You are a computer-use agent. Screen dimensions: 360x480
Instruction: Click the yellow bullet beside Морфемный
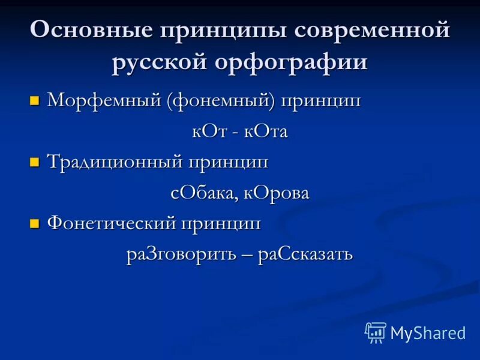pyautogui.click(x=34, y=100)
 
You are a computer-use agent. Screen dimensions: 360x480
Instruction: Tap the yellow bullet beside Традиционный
pyautogui.click(x=34, y=161)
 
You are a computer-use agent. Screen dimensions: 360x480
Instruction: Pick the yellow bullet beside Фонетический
pyautogui.click(x=34, y=224)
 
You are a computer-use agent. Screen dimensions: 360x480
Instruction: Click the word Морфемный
pyautogui.click(x=103, y=100)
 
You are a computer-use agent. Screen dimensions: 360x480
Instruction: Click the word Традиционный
pyautogui.click(x=116, y=161)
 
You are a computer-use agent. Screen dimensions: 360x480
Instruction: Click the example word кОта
pyautogui.click(x=266, y=131)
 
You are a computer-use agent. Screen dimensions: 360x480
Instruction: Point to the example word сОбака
pyautogui.click(x=202, y=193)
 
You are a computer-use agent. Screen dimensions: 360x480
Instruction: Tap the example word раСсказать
pyautogui.click(x=305, y=254)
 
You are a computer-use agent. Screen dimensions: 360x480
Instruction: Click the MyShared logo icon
pyautogui.click(x=376, y=332)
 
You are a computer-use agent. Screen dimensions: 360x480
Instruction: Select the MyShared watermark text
pyautogui.click(x=428, y=333)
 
